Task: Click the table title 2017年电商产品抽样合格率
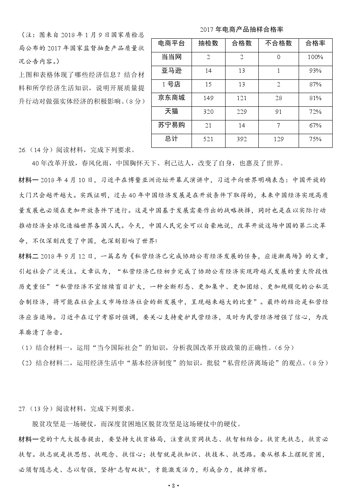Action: click(x=241, y=30)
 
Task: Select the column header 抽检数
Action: click(x=208, y=43)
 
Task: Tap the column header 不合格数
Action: click(x=278, y=43)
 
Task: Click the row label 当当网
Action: click(x=172, y=57)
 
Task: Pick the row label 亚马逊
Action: click(x=172, y=71)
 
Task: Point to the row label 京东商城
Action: click(x=172, y=98)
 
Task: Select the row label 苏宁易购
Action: click(x=172, y=125)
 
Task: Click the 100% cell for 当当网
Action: click(x=315, y=57)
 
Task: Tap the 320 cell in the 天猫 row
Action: click(x=208, y=112)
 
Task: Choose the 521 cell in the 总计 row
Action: click(x=208, y=139)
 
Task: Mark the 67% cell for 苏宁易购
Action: click(x=315, y=125)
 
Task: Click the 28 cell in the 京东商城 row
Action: click(x=278, y=98)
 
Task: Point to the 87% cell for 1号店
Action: click(x=315, y=84)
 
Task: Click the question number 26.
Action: click(x=22, y=150)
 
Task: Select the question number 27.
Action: click(x=22, y=409)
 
